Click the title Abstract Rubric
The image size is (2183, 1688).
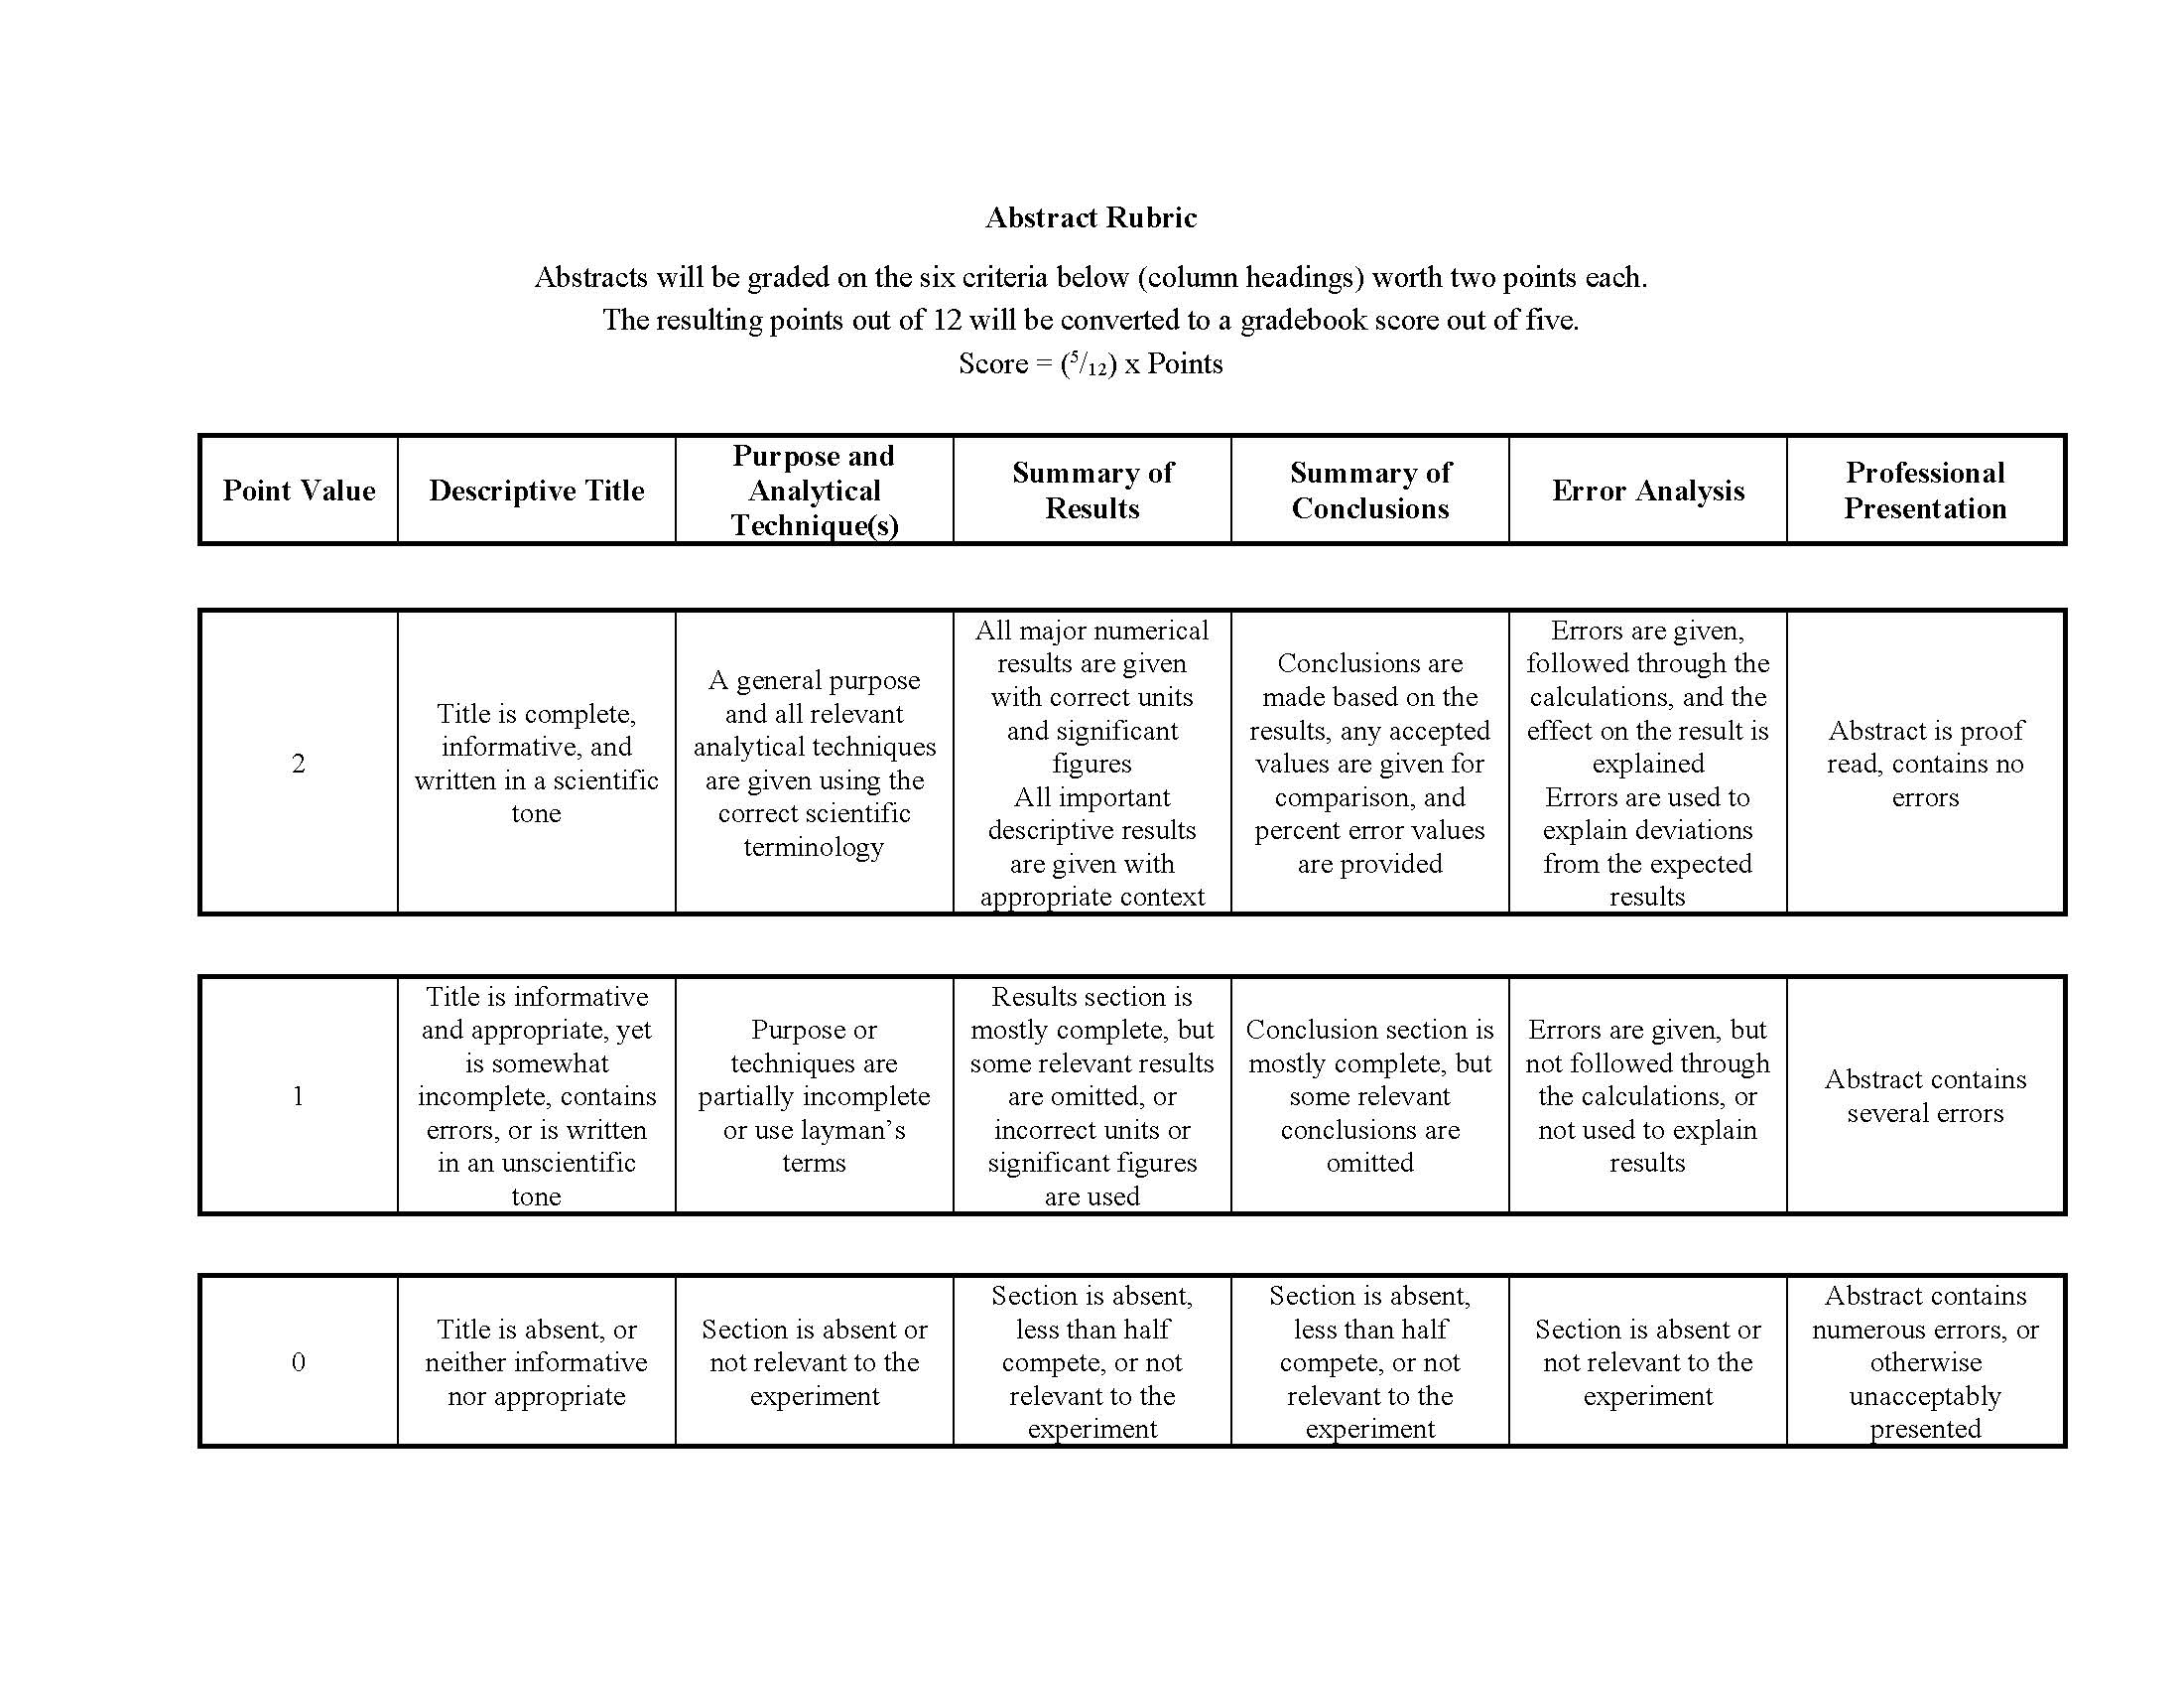pyautogui.click(x=1091, y=217)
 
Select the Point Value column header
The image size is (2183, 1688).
pyautogui.click(x=299, y=490)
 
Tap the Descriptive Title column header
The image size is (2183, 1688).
pyautogui.click(x=536, y=490)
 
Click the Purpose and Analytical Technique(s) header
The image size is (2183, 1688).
pyautogui.click(x=814, y=490)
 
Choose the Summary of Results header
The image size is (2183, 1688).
pyautogui.click(x=1091, y=490)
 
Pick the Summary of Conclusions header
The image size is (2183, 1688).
pyautogui.click(x=1369, y=490)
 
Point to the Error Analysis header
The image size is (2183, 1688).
pyautogui.click(x=1647, y=490)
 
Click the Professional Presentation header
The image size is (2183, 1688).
pyautogui.click(x=1924, y=490)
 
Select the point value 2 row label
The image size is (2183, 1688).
pyautogui.click(x=298, y=763)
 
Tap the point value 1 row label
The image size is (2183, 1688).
pyautogui.click(x=298, y=1096)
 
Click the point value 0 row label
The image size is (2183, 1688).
pyautogui.click(x=298, y=1362)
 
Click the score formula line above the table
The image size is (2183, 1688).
pyautogui.click(x=1091, y=363)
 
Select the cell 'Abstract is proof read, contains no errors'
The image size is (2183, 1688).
pyautogui.click(x=1924, y=763)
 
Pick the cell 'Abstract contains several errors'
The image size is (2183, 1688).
pyautogui.click(x=1924, y=1096)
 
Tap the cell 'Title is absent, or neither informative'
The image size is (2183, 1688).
pyautogui.click(x=536, y=1362)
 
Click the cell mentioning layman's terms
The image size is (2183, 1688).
pyautogui.click(x=814, y=1096)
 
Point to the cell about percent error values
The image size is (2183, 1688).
pyautogui.click(x=1369, y=763)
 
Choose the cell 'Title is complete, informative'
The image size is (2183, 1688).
pyautogui.click(x=536, y=763)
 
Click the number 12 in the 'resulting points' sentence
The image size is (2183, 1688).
pyautogui.click(x=947, y=320)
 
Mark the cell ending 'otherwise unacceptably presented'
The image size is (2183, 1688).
pyautogui.click(x=1924, y=1362)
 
